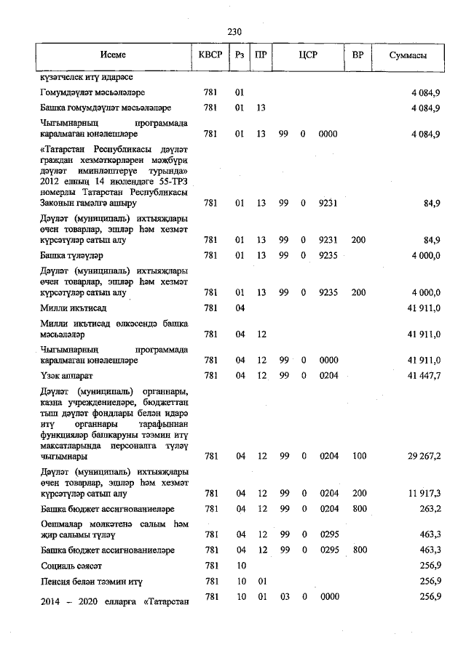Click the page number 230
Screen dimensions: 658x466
click(x=234, y=32)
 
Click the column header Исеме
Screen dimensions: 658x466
click(x=113, y=55)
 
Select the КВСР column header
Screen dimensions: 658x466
click(x=211, y=55)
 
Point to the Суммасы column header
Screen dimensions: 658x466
click(x=407, y=55)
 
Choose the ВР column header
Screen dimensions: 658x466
click(x=358, y=55)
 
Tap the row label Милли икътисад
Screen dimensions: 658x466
click(x=73, y=308)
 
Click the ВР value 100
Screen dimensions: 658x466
click(x=358, y=457)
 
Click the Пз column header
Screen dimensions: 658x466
click(x=239, y=55)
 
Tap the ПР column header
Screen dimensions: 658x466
click(x=261, y=55)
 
